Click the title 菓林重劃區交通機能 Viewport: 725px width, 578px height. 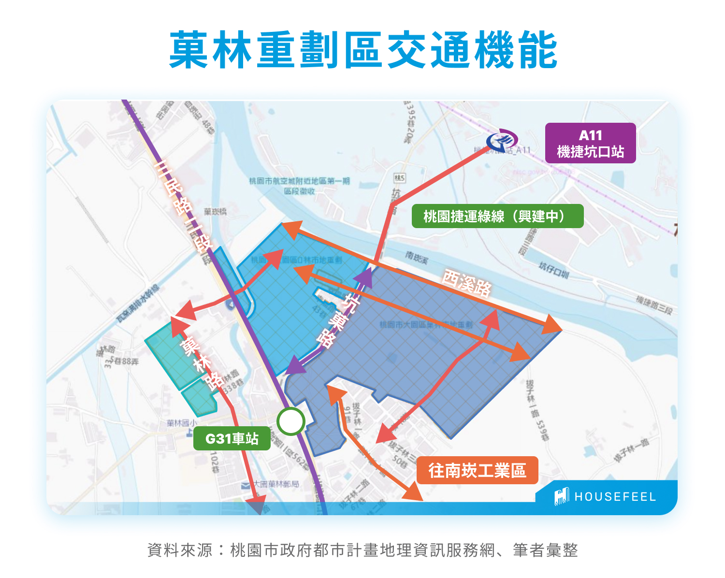click(363, 50)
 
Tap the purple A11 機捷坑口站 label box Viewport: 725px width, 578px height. click(590, 144)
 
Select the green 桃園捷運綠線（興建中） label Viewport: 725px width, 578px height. click(497, 216)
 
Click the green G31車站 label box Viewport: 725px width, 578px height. click(232, 438)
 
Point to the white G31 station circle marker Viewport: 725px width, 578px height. click(290, 421)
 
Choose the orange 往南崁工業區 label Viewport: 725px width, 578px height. click(477, 470)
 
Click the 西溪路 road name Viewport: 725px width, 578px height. click(466, 282)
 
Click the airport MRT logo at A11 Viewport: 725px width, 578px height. click(502, 141)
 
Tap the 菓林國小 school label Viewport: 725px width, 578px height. click(182, 423)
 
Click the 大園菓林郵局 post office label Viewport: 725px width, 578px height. click(276, 484)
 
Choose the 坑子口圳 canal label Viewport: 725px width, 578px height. click(554, 271)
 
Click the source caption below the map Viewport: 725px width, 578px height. click(362, 550)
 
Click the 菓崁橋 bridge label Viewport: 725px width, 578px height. click(215, 211)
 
